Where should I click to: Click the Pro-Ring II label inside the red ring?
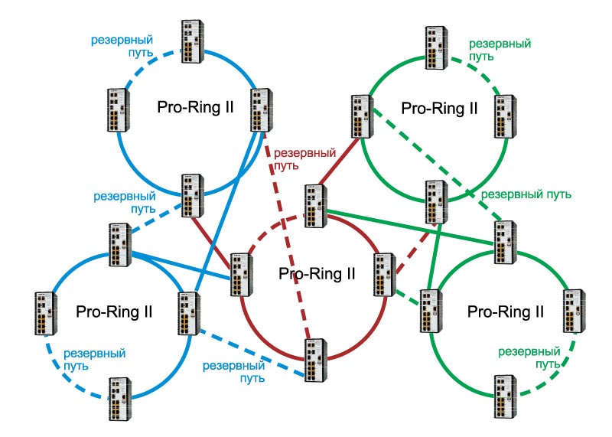pyautogui.click(x=317, y=274)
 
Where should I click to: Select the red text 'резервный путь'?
pyautogui.click(x=304, y=159)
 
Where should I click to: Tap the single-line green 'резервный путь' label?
pyautogui.click(x=526, y=194)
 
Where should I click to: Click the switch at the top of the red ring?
pyautogui.click(x=316, y=206)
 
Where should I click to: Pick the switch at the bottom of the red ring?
pyautogui.click(x=316, y=360)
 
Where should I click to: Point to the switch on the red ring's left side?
pyautogui.click(x=242, y=275)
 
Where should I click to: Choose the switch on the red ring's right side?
pyautogui.click(x=385, y=275)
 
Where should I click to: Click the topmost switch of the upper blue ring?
pyautogui.click(x=193, y=41)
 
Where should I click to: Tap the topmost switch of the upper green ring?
pyautogui.click(x=436, y=47)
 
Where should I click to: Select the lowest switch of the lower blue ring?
pyautogui.click(x=120, y=399)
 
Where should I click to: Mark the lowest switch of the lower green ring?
pyautogui.click(x=506, y=396)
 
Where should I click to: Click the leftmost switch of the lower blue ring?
pyautogui.click(x=46, y=314)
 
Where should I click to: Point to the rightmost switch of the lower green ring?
pyautogui.click(x=574, y=311)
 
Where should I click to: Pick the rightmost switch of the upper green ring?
pyautogui.click(x=506, y=116)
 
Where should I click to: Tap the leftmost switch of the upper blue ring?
pyautogui.click(x=119, y=110)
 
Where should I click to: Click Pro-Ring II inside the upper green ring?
pyautogui.click(x=439, y=108)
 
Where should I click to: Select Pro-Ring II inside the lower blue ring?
pyautogui.click(x=114, y=311)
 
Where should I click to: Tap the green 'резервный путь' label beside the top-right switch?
pyautogui.click(x=500, y=50)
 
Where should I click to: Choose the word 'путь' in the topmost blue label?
pyautogui.click(x=141, y=53)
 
